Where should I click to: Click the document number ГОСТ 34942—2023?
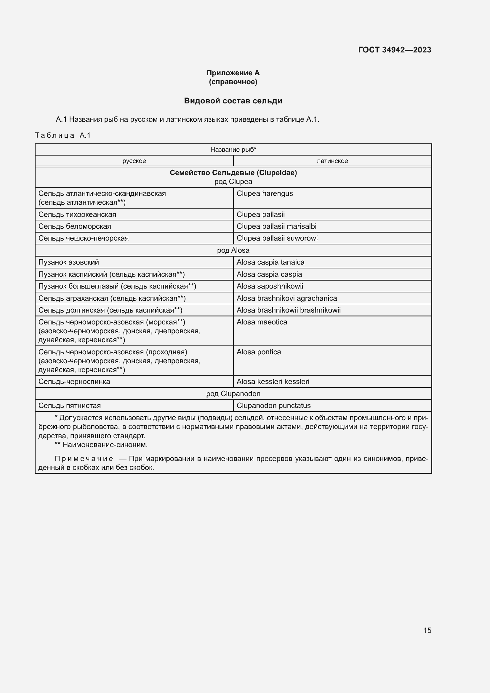coord(394,50)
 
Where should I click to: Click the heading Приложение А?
coord(233,73)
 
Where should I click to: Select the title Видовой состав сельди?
coord(233,101)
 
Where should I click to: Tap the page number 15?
coord(427,630)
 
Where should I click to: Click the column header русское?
coord(134,161)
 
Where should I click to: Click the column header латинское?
coord(332,161)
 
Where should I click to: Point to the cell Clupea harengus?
coord(265,193)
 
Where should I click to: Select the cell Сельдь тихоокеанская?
coord(77,215)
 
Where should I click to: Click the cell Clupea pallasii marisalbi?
coord(276,226)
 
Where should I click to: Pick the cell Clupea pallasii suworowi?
coord(277,238)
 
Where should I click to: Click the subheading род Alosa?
coord(233,250)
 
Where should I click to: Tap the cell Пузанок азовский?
coord(69,262)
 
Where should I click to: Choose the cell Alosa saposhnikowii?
coord(270,286)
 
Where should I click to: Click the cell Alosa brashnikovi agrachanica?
coord(287,298)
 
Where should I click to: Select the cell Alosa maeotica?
coord(262,322)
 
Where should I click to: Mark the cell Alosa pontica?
coord(259,352)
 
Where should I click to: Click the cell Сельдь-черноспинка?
coord(74,382)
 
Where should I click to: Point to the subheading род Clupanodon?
coord(233,393)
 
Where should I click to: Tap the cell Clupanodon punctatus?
coord(273,406)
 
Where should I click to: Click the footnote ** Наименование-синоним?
coord(101,445)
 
